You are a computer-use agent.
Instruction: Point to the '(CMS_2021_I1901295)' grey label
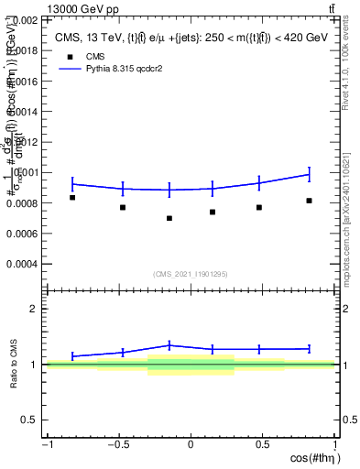[x=191, y=274]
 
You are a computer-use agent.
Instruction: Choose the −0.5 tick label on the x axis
[x=118, y=445]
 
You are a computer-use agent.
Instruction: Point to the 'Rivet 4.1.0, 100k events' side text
[x=351, y=74]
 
